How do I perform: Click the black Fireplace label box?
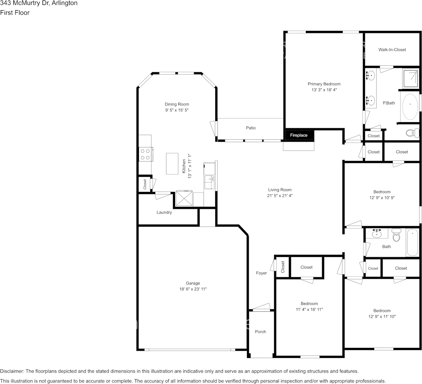pos(299,135)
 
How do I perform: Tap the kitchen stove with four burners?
pos(145,154)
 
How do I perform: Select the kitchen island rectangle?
pos(172,164)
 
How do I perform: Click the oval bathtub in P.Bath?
pos(410,107)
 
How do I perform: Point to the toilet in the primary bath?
pos(412,133)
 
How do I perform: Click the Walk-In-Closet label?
pos(392,50)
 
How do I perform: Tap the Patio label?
pos(251,128)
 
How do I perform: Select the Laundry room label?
pos(164,212)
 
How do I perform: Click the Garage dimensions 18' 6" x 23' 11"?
pos(193,289)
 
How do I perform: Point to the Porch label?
pos(260,332)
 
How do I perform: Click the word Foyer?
pos(261,273)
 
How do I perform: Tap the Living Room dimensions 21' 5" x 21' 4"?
pos(279,196)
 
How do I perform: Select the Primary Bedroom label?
pos(324,84)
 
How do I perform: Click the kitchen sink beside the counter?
pos(209,182)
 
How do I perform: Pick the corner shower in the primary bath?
pos(411,78)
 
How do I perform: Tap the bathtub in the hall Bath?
pos(412,243)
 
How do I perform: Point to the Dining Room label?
pos(177,104)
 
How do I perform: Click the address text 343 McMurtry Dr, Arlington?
pos(39,3)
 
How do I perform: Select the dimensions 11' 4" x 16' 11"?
pos(309,309)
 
